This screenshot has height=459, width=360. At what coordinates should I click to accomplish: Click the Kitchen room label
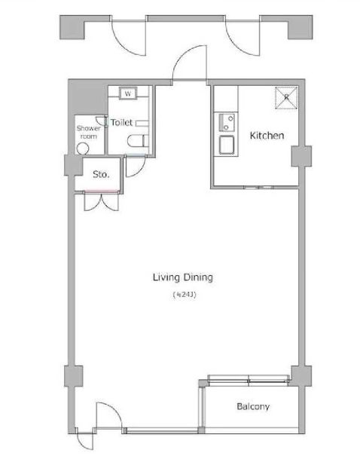click(x=267, y=136)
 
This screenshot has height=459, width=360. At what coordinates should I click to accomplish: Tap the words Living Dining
click(x=183, y=277)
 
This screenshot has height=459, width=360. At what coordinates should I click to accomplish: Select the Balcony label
click(x=253, y=407)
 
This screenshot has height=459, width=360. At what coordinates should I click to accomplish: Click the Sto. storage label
click(x=101, y=174)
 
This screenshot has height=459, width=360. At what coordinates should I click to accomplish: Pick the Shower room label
click(x=87, y=132)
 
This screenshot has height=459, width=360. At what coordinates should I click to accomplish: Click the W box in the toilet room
click(x=127, y=94)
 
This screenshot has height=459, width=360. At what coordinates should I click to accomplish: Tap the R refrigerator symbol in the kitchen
click(x=287, y=96)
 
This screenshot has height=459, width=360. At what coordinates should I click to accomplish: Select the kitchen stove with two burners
click(x=224, y=121)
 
